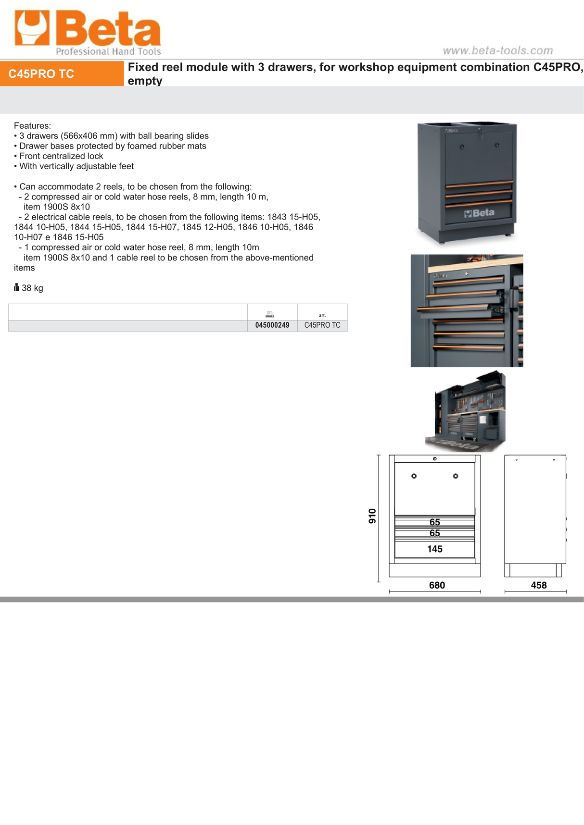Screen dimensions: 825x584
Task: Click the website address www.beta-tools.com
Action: click(497, 50)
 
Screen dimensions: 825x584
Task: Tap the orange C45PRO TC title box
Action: click(62, 74)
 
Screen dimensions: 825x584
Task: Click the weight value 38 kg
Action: click(32, 288)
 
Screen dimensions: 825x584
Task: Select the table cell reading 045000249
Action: click(272, 325)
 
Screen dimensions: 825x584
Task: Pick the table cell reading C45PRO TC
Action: click(322, 325)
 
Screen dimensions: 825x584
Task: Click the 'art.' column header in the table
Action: click(322, 315)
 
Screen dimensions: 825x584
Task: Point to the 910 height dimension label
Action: click(372, 516)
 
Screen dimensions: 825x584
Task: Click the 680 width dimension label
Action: click(437, 585)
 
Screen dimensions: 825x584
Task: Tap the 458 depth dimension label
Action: click(538, 585)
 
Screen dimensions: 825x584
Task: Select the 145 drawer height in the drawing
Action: click(434, 549)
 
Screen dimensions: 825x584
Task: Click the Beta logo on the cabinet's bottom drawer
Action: click(479, 213)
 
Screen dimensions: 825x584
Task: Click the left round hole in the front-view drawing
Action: click(414, 476)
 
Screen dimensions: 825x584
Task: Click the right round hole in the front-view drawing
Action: click(456, 476)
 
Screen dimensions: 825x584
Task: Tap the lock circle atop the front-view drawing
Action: click(434, 459)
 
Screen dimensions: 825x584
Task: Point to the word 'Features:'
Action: click(32, 126)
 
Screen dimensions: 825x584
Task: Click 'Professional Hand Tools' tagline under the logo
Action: click(108, 51)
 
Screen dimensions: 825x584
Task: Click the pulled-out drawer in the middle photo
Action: click(457, 312)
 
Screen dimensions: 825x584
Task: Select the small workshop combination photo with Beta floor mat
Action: click(466, 411)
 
